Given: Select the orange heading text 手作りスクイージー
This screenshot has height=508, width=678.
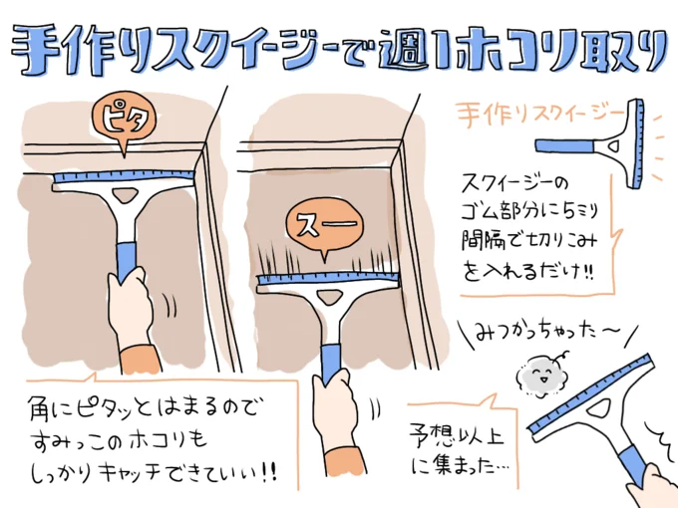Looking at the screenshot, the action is pyautogui.click(x=540, y=114).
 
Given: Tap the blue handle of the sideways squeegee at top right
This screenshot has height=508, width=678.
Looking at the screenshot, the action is pyautogui.click(x=564, y=145).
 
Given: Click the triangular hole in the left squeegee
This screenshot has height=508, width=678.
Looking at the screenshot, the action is pyautogui.click(x=126, y=195).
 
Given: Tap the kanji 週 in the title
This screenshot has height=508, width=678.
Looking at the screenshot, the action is pyautogui.click(x=403, y=49).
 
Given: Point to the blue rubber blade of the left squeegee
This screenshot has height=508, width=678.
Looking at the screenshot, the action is pyautogui.click(x=124, y=177).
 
